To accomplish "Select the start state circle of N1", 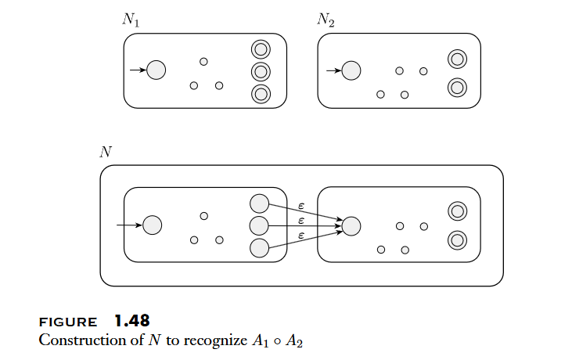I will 156,70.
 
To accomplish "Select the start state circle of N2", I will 351,70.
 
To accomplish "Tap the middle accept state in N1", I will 261,72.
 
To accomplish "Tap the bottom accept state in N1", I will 261,94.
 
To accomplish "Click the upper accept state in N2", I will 457,59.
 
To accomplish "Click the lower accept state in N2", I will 457,87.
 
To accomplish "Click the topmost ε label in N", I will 302,205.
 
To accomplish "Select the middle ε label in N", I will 302,220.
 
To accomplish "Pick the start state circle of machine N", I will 152,225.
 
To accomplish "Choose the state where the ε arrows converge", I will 351,226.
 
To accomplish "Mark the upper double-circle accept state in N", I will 457,211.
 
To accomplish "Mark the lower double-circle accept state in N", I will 457,239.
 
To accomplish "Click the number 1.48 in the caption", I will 131,321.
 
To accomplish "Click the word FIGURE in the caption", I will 68,322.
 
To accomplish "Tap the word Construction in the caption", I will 75,340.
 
